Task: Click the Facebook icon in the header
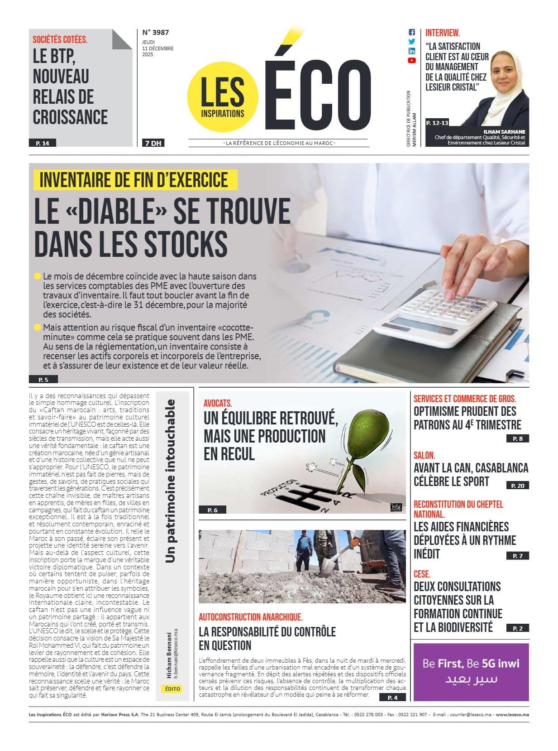tap(411, 32)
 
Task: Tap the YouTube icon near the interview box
tap(411, 60)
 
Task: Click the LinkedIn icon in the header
tap(411, 51)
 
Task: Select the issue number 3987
tap(156, 32)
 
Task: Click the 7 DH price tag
tap(153, 143)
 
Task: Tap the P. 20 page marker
tap(517, 485)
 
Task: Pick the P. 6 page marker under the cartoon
tap(212, 510)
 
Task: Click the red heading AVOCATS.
tap(218, 403)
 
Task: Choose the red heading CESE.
tap(422, 574)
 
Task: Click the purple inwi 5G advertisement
tap(471, 671)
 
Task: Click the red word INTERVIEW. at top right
tap(443, 33)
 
